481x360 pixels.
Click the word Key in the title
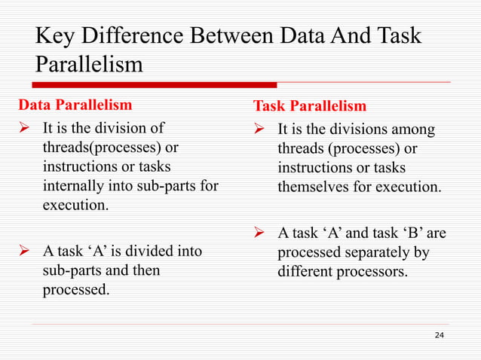tap(54, 36)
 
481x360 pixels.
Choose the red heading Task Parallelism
tap(310, 106)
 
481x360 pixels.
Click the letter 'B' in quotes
tap(417, 233)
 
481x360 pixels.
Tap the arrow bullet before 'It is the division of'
tap(24, 127)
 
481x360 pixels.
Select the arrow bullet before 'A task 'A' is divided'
tap(24, 251)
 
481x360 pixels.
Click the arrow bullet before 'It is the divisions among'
tap(260, 130)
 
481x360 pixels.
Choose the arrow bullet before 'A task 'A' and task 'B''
tap(260, 233)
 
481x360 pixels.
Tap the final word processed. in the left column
tap(74, 288)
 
